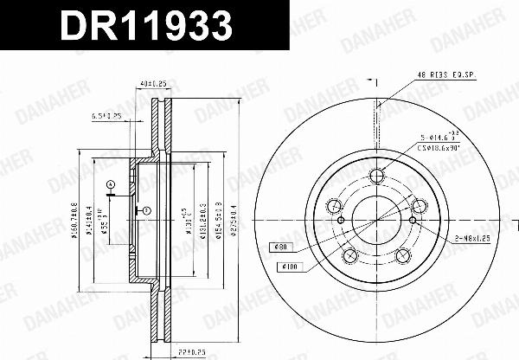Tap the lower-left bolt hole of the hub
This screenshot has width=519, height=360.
350,256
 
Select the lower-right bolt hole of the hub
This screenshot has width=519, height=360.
402,256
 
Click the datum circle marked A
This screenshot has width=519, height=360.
111,184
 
